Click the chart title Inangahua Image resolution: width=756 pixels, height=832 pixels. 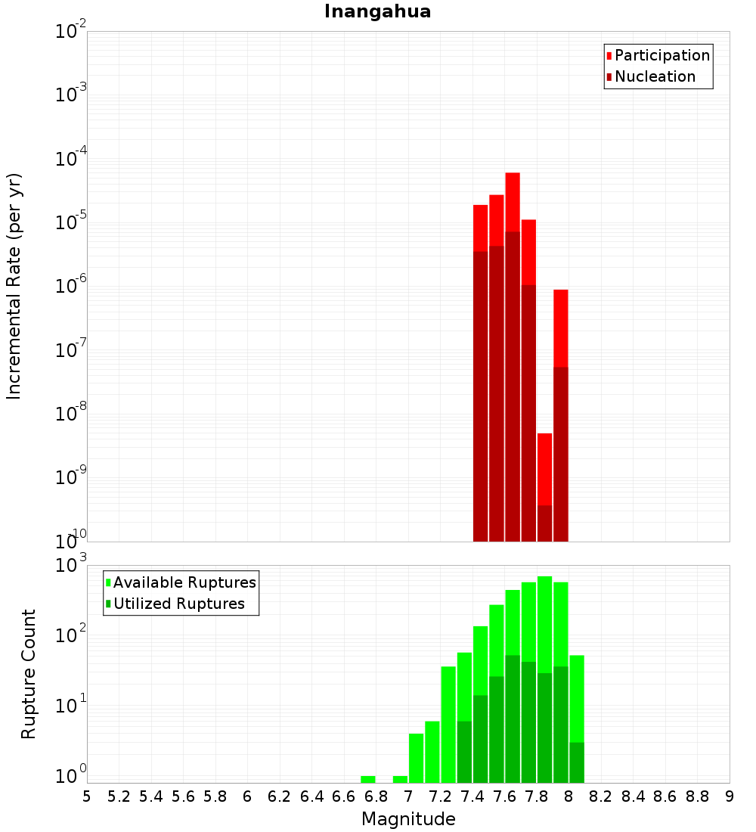click(377, 12)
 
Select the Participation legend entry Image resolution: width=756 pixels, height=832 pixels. click(662, 55)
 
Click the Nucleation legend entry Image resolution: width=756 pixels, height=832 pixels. click(655, 76)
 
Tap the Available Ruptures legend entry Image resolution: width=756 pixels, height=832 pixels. click(184, 582)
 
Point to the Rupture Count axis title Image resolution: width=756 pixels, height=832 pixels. click(28, 673)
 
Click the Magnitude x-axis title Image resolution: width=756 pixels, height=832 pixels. click(408, 819)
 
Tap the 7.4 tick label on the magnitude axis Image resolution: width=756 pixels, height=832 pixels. click(472, 796)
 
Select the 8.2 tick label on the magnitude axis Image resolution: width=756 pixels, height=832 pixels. click(601, 796)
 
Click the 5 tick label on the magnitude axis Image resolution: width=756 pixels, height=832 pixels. click(87, 796)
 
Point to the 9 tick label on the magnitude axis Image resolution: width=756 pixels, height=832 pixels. click(730, 796)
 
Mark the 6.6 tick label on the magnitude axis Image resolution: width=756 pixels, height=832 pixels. click(344, 796)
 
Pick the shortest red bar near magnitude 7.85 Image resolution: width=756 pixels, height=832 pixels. click(544, 469)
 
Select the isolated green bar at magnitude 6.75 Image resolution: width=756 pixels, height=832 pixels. click(368, 779)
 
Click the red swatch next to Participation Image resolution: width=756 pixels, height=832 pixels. click(609, 56)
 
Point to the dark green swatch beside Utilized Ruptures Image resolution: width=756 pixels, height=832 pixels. click(109, 604)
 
